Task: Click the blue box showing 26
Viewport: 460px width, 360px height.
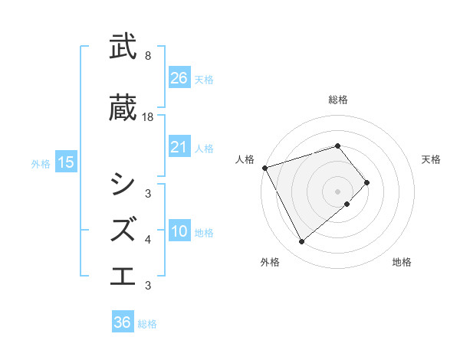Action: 179,77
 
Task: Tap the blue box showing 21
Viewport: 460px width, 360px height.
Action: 179,147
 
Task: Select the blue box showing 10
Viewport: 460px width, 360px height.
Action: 179,232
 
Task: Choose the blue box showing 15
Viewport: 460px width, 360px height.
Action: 65,162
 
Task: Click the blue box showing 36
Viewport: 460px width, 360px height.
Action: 123,322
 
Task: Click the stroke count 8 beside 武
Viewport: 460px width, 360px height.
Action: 148,56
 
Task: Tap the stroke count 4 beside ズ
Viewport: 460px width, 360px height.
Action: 148,240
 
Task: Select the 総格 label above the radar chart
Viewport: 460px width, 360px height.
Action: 338,100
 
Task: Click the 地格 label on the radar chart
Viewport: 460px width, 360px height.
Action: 402,262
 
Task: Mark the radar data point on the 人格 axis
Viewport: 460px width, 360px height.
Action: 264,167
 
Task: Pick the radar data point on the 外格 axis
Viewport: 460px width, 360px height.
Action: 301,242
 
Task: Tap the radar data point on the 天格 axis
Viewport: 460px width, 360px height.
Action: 367,182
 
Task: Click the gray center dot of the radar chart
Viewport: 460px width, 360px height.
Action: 338,191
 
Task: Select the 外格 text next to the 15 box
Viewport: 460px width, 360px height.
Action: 41,163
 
